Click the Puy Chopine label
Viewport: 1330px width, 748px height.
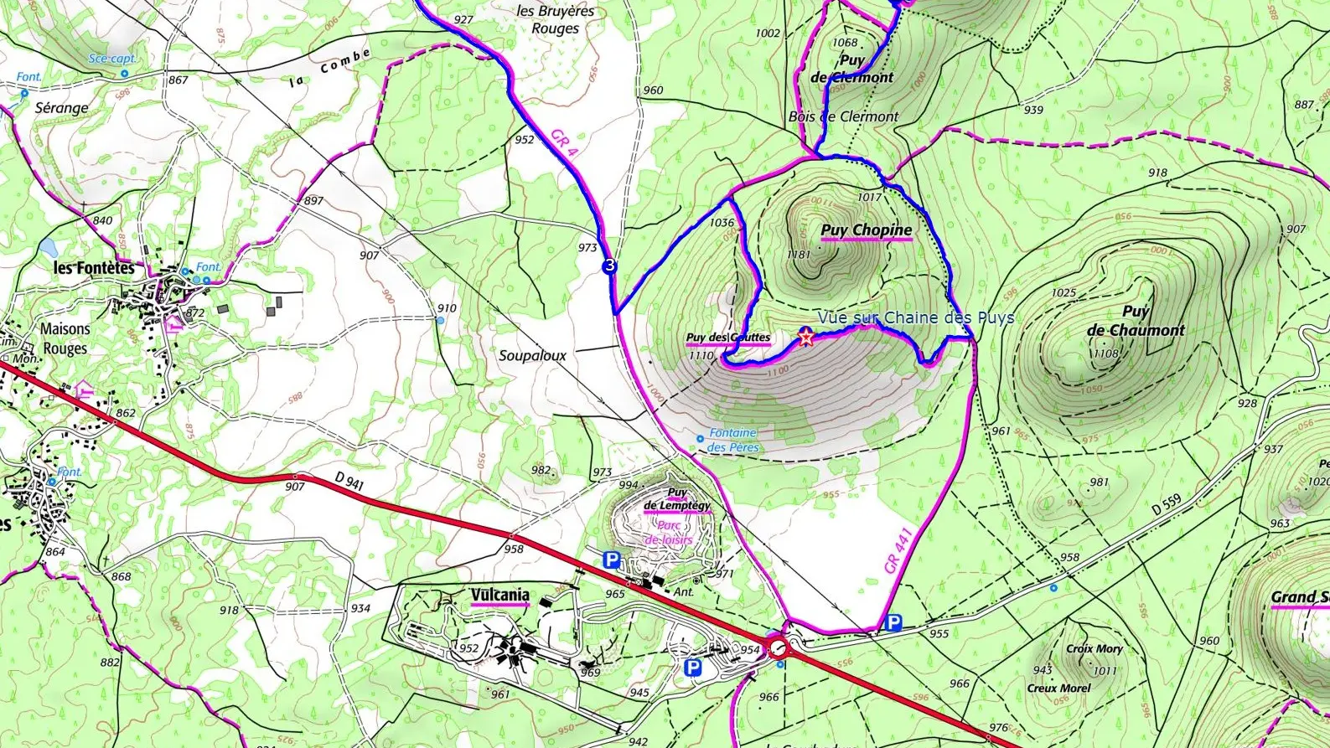866,230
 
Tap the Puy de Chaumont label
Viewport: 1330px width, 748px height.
1136,321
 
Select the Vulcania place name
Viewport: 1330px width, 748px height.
499,596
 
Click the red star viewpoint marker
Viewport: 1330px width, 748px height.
805,338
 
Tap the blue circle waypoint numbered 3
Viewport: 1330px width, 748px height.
609,266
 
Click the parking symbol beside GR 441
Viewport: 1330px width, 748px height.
893,622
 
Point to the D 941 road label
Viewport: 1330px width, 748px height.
349,482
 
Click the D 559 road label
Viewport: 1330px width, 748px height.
1167,505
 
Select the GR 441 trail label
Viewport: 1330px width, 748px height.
898,550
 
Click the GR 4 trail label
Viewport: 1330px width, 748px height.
564,143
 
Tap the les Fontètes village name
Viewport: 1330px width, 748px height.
94,268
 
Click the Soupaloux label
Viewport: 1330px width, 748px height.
532,356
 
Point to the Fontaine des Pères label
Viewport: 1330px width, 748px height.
732,440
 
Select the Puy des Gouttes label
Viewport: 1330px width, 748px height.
727,338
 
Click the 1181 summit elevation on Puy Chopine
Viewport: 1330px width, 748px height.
798,255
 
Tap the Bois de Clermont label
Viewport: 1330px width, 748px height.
843,117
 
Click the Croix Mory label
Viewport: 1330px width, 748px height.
1094,648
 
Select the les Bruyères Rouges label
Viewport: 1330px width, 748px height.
555,19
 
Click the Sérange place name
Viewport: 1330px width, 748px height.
61,108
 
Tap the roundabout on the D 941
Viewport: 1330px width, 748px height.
778,647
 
